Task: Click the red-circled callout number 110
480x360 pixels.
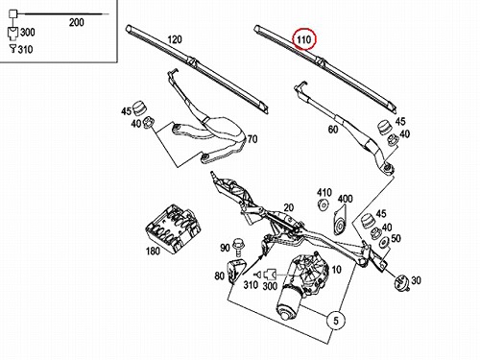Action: click(303, 39)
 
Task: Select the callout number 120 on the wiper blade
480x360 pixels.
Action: click(175, 39)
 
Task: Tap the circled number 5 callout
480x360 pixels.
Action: click(336, 321)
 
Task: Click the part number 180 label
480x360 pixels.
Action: click(153, 251)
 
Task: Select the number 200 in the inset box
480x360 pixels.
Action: click(77, 22)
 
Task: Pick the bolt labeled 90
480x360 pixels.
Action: click(239, 247)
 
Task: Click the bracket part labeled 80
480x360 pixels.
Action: click(236, 272)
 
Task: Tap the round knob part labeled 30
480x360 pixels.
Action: click(402, 283)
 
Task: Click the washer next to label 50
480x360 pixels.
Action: click(384, 242)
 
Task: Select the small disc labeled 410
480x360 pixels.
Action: click(324, 204)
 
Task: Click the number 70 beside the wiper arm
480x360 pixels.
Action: click(252, 139)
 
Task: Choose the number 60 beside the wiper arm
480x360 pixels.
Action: click(333, 130)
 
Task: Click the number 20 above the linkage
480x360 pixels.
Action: click(288, 207)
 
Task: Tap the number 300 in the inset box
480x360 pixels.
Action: click(28, 33)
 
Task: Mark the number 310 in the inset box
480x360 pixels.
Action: click(25, 50)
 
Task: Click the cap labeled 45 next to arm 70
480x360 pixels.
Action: click(139, 108)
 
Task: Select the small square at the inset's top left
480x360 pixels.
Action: click(12, 14)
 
